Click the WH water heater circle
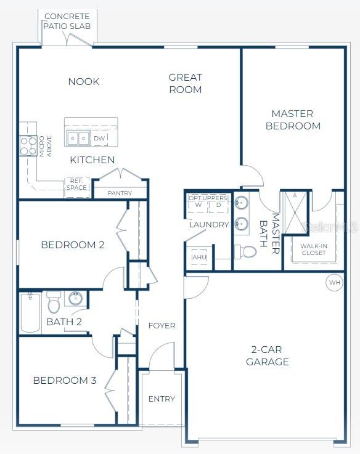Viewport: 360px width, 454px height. click(x=335, y=283)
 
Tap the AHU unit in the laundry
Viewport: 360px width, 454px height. click(x=198, y=257)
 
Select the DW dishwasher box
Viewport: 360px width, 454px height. click(x=99, y=139)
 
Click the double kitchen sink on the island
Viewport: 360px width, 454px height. click(x=78, y=138)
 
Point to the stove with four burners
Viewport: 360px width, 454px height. click(x=28, y=146)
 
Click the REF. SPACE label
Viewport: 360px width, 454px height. click(x=77, y=184)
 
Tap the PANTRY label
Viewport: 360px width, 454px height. click(x=120, y=193)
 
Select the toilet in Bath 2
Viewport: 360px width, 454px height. click(x=54, y=302)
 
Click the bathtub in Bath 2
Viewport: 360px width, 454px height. click(x=30, y=313)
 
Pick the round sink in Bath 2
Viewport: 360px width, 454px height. click(x=76, y=299)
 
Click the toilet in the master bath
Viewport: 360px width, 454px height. click(x=246, y=251)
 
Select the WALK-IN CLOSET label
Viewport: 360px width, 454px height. click(x=313, y=249)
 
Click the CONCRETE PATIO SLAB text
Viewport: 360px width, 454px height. click(x=67, y=21)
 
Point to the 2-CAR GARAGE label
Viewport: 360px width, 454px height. click(x=267, y=356)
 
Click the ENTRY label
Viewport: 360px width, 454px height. click(x=162, y=399)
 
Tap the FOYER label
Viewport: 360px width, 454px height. click(x=162, y=325)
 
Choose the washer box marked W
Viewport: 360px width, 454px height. click(x=198, y=205)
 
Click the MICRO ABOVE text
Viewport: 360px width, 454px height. click(x=45, y=146)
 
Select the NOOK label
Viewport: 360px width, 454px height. click(x=84, y=82)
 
